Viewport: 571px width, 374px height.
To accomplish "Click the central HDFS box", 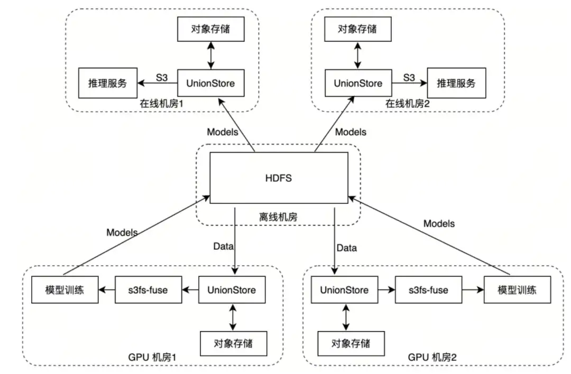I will pyautogui.click(x=279, y=178).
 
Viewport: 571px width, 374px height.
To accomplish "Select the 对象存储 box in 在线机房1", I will pyautogui.click(x=210, y=29).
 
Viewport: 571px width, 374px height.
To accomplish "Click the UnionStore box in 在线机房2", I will pyautogui.click(x=358, y=83).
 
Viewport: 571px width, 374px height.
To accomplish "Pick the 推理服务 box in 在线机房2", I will pyautogui.click(x=456, y=83).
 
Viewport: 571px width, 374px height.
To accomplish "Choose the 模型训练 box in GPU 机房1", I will pyautogui.click(x=65, y=290).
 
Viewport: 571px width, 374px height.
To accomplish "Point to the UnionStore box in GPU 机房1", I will pyautogui.click(x=232, y=290).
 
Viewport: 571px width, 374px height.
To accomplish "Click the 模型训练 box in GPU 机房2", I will pyautogui.click(x=517, y=290).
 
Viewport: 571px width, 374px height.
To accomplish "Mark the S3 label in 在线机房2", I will pyautogui.click(x=409, y=78).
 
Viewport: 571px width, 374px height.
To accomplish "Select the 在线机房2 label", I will pyautogui.click(x=407, y=104).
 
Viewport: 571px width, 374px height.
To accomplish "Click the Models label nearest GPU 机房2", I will pyautogui.click(x=438, y=223).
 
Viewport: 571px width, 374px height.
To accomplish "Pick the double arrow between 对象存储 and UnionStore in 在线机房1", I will pyautogui.click(x=211, y=55).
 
